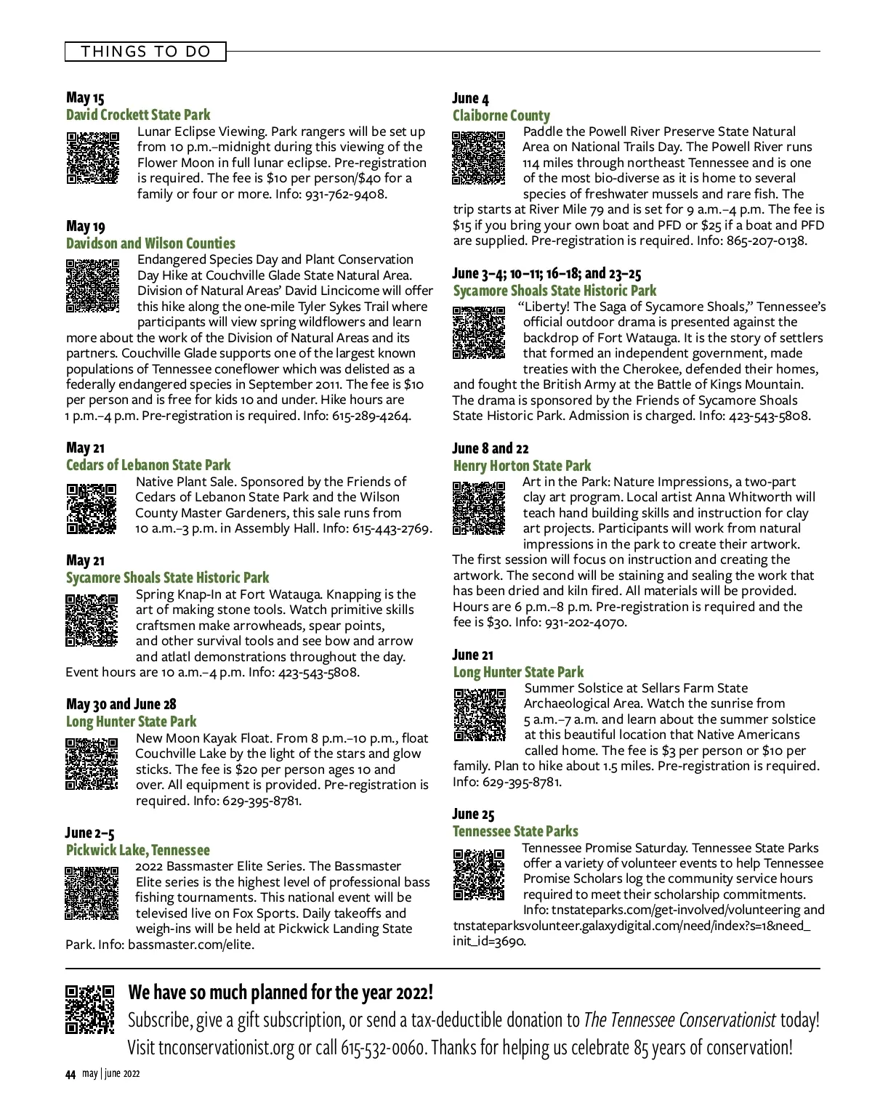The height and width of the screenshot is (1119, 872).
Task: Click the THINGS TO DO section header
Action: click(x=145, y=52)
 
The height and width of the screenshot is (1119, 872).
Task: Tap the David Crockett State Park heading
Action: click(x=138, y=115)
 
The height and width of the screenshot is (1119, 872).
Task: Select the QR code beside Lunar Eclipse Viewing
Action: click(x=92, y=157)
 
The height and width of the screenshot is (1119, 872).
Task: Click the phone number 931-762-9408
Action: click(x=347, y=194)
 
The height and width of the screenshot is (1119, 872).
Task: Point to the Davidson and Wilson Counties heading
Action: click(x=150, y=243)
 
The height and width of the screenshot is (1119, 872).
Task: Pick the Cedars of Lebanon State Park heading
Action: click(x=148, y=465)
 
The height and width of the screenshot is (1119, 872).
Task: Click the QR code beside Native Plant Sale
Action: click(x=92, y=509)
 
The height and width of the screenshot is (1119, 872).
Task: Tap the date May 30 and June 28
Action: click(x=121, y=704)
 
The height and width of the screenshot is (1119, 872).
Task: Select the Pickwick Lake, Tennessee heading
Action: click(x=137, y=850)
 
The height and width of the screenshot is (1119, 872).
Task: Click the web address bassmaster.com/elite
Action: click(x=190, y=945)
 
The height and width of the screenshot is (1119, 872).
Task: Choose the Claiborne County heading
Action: click(x=501, y=116)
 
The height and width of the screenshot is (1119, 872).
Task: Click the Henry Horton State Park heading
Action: click(x=522, y=466)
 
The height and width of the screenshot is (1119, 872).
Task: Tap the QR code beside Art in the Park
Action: click(x=479, y=507)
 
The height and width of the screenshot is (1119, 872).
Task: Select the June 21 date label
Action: click(x=472, y=655)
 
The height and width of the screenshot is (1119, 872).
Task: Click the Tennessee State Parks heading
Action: click(x=515, y=831)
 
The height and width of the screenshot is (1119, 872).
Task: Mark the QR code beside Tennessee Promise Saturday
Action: click(x=479, y=874)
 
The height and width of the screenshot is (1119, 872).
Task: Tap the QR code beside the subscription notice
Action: click(x=90, y=1009)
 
